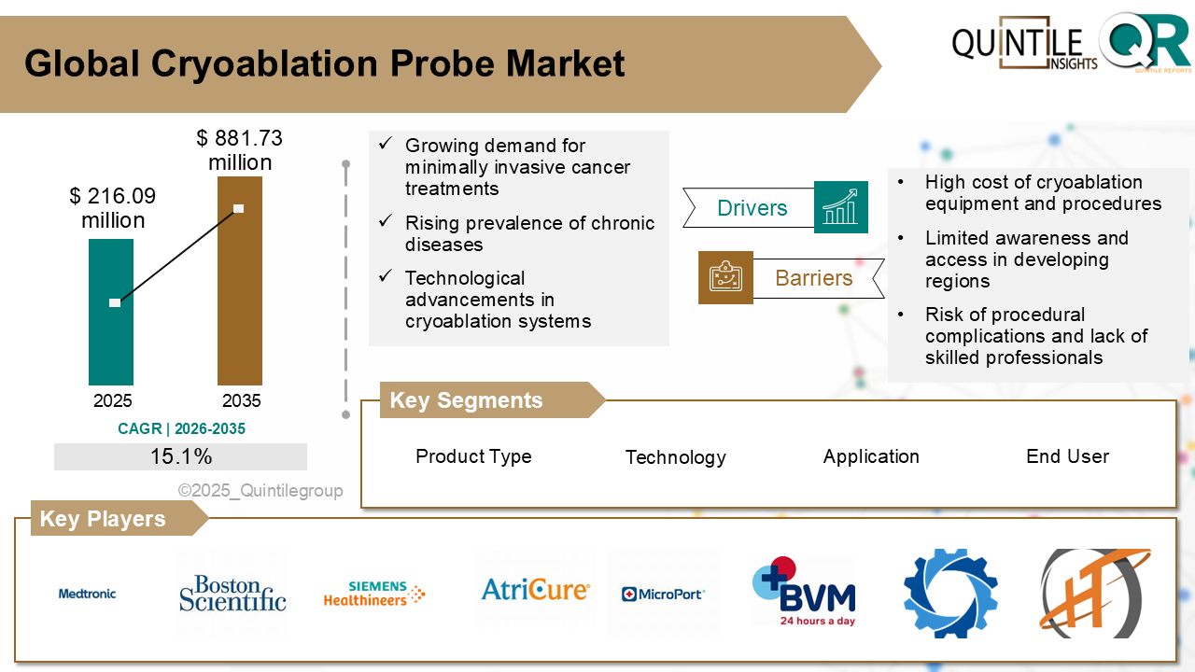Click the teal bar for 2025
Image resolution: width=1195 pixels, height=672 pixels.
pos(111,312)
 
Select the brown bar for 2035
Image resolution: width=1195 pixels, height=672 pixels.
pos(239,280)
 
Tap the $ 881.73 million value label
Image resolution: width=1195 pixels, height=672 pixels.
pos(240,150)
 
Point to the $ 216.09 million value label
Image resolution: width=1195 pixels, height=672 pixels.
pos(113,208)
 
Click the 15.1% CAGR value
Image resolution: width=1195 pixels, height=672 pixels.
pos(180,456)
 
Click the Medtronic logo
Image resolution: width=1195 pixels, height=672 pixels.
pos(87,594)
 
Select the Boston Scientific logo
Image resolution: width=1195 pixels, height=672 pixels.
pos(232,594)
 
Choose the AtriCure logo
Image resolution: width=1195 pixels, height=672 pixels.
pos(535,590)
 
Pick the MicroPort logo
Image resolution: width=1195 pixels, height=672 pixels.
pos(663,594)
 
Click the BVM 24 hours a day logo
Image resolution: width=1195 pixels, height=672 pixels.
pos(804,592)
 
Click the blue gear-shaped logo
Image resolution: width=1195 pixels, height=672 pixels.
pos(950,594)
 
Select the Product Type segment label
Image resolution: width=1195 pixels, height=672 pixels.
pos(473,456)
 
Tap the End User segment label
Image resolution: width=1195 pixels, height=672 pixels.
pos(1067,456)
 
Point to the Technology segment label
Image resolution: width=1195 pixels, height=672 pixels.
pos(675,457)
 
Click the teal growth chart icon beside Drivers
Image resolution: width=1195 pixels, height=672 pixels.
pos(840,207)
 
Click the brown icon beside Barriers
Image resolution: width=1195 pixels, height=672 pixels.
pos(725,277)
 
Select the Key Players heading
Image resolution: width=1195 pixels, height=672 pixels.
pos(103,519)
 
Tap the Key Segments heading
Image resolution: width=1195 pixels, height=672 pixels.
pos(466,400)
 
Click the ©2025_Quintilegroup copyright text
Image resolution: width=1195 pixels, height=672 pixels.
pos(260,491)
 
